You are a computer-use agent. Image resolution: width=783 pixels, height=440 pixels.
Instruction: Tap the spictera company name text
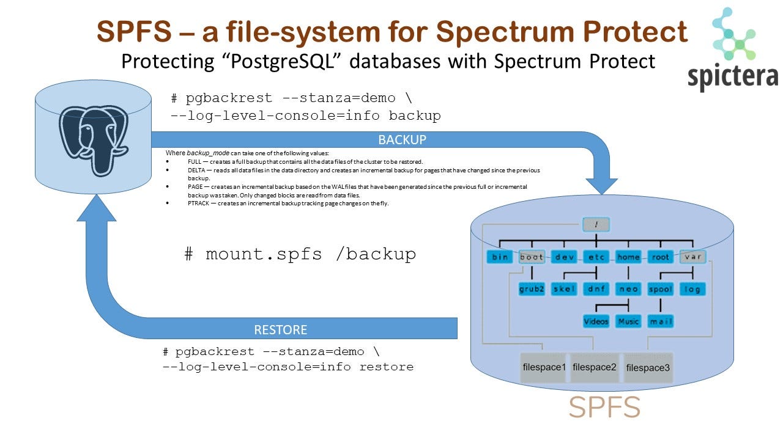732,78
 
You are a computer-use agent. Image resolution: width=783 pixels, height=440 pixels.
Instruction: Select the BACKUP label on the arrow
402,139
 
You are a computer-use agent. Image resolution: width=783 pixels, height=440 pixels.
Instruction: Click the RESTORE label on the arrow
281,329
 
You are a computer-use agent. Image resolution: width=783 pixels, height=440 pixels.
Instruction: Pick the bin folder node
500,257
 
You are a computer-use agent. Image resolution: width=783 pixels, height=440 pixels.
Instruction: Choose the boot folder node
532,257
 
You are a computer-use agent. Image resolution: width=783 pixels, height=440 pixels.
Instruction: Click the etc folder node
596,257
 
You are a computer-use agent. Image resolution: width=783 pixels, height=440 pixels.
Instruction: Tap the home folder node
628,257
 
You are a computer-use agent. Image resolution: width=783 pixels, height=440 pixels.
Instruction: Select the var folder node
692,257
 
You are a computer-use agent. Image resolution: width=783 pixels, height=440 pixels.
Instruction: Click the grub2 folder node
532,289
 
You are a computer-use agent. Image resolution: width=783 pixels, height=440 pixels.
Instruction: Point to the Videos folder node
596,321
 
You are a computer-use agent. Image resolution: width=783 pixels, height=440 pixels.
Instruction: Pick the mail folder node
661,321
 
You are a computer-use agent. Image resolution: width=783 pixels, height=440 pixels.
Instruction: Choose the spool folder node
661,289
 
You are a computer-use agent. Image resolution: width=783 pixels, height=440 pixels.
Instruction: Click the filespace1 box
544,367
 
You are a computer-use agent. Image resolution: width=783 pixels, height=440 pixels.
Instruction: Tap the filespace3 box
648,367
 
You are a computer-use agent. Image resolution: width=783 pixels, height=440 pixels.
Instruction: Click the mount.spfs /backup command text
300,254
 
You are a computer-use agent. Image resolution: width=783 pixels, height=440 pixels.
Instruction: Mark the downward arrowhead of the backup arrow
602,180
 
